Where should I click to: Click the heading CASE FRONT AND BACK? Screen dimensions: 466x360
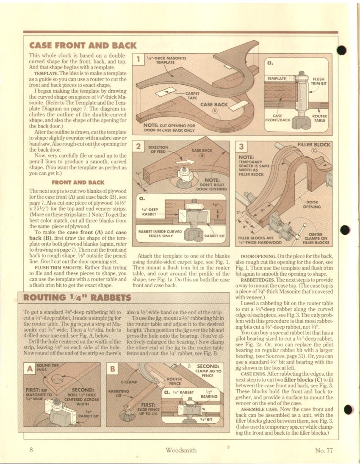click(83, 45)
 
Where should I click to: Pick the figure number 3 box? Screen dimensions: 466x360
click(241, 147)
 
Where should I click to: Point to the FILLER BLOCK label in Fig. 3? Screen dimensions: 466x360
click(313, 144)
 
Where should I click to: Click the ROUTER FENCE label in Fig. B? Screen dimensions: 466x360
click(174, 381)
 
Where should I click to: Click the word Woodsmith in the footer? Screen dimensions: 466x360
click(181, 450)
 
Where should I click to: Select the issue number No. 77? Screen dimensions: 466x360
click(324, 450)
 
